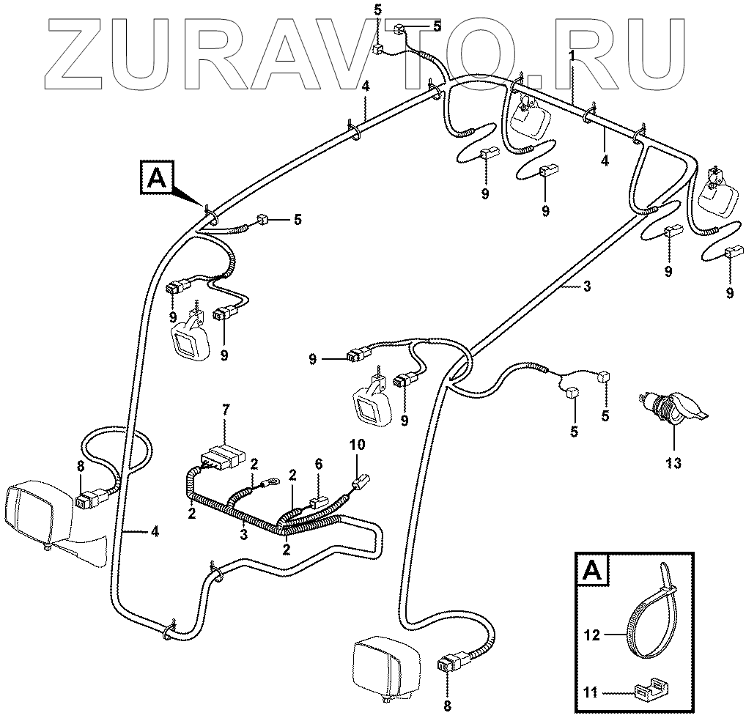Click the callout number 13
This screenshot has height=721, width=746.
coord(673,463)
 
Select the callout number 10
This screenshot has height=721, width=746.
coord(357,444)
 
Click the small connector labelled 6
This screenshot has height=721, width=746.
coord(319,503)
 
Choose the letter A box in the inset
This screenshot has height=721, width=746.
coord(591,569)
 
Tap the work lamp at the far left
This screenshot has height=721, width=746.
coord(44,517)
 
